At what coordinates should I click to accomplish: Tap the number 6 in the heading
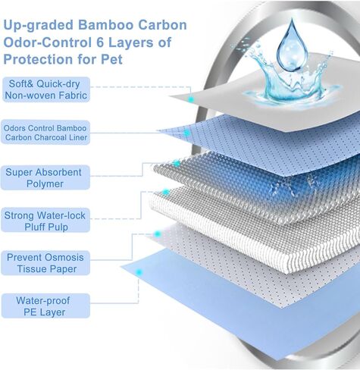click(x=100, y=42)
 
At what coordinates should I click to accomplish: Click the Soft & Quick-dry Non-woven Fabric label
click(x=46, y=89)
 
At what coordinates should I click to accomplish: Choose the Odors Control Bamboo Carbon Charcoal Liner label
click(x=45, y=133)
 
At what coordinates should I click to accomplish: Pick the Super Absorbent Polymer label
click(x=45, y=177)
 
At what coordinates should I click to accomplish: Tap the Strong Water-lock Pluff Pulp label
click(x=45, y=221)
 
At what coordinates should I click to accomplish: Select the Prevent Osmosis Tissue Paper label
click(x=45, y=263)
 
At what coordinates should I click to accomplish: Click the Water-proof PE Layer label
click(x=45, y=306)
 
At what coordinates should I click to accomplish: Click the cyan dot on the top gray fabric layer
click(x=191, y=99)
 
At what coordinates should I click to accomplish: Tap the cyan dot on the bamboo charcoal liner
click(x=186, y=133)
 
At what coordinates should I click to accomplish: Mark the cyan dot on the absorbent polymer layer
click(x=177, y=164)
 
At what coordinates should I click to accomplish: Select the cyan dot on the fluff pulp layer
click(x=166, y=193)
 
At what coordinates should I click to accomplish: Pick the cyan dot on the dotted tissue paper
click(x=158, y=234)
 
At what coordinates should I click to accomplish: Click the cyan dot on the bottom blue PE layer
click(x=139, y=272)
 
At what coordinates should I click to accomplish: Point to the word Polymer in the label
click(x=45, y=183)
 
